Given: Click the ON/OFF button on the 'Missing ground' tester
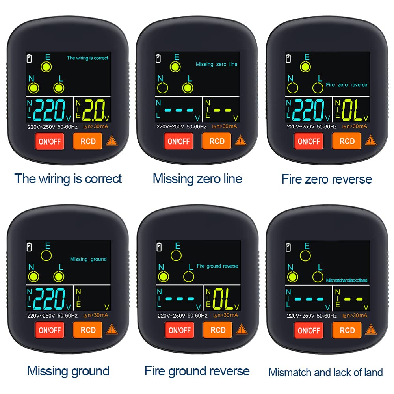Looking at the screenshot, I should point(49,330).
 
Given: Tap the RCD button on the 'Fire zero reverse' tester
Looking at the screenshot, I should point(347,141).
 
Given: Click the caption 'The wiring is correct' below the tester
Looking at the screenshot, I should point(68,178).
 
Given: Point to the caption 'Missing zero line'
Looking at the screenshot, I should point(197,179).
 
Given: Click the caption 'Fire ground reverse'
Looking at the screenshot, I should point(197,371).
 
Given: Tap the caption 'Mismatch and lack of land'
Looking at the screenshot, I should point(326,372).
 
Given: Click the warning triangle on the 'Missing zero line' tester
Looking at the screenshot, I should point(240,141).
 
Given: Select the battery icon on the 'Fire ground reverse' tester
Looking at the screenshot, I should point(159,247).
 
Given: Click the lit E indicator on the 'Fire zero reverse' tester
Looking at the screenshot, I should point(305,67).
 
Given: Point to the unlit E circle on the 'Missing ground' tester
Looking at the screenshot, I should point(47,255).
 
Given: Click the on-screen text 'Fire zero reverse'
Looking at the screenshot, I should point(346,85).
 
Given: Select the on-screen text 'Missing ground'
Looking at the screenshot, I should point(88,259).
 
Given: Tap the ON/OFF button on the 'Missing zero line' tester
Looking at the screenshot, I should point(179,141).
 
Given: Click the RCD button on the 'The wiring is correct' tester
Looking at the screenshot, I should point(87,141).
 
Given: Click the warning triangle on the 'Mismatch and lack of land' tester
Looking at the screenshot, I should point(370,330).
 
